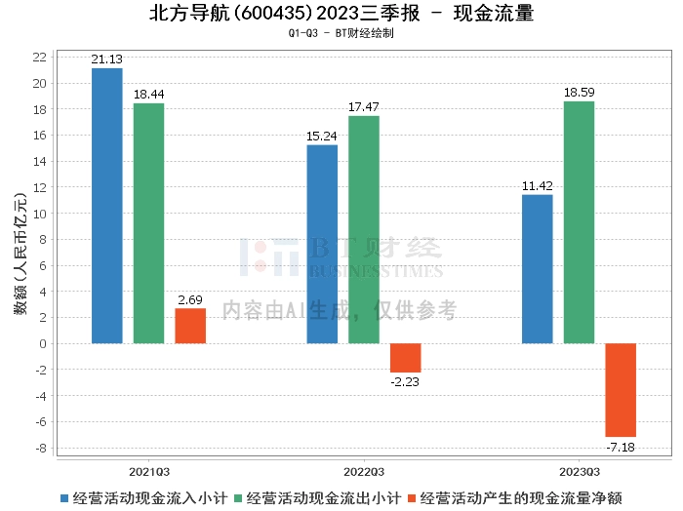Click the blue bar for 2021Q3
[x=106, y=206]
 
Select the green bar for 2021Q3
[x=148, y=223]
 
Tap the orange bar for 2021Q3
[x=190, y=326]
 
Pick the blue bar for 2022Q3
[x=322, y=244]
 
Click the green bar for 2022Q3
[x=364, y=229]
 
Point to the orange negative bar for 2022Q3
[x=406, y=358]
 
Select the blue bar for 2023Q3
[x=538, y=269]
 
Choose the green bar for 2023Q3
[x=580, y=222]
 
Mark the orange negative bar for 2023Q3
[x=621, y=390]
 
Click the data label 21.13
[x=106, y=59]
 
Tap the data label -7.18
[x=621, y=447]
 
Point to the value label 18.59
[x=580, y=92]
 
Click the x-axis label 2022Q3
[x=364, y=469]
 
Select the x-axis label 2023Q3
[x=580, y=469]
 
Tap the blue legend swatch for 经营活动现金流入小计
[x=64, y=497]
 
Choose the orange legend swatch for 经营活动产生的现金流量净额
[x=414, y=497]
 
